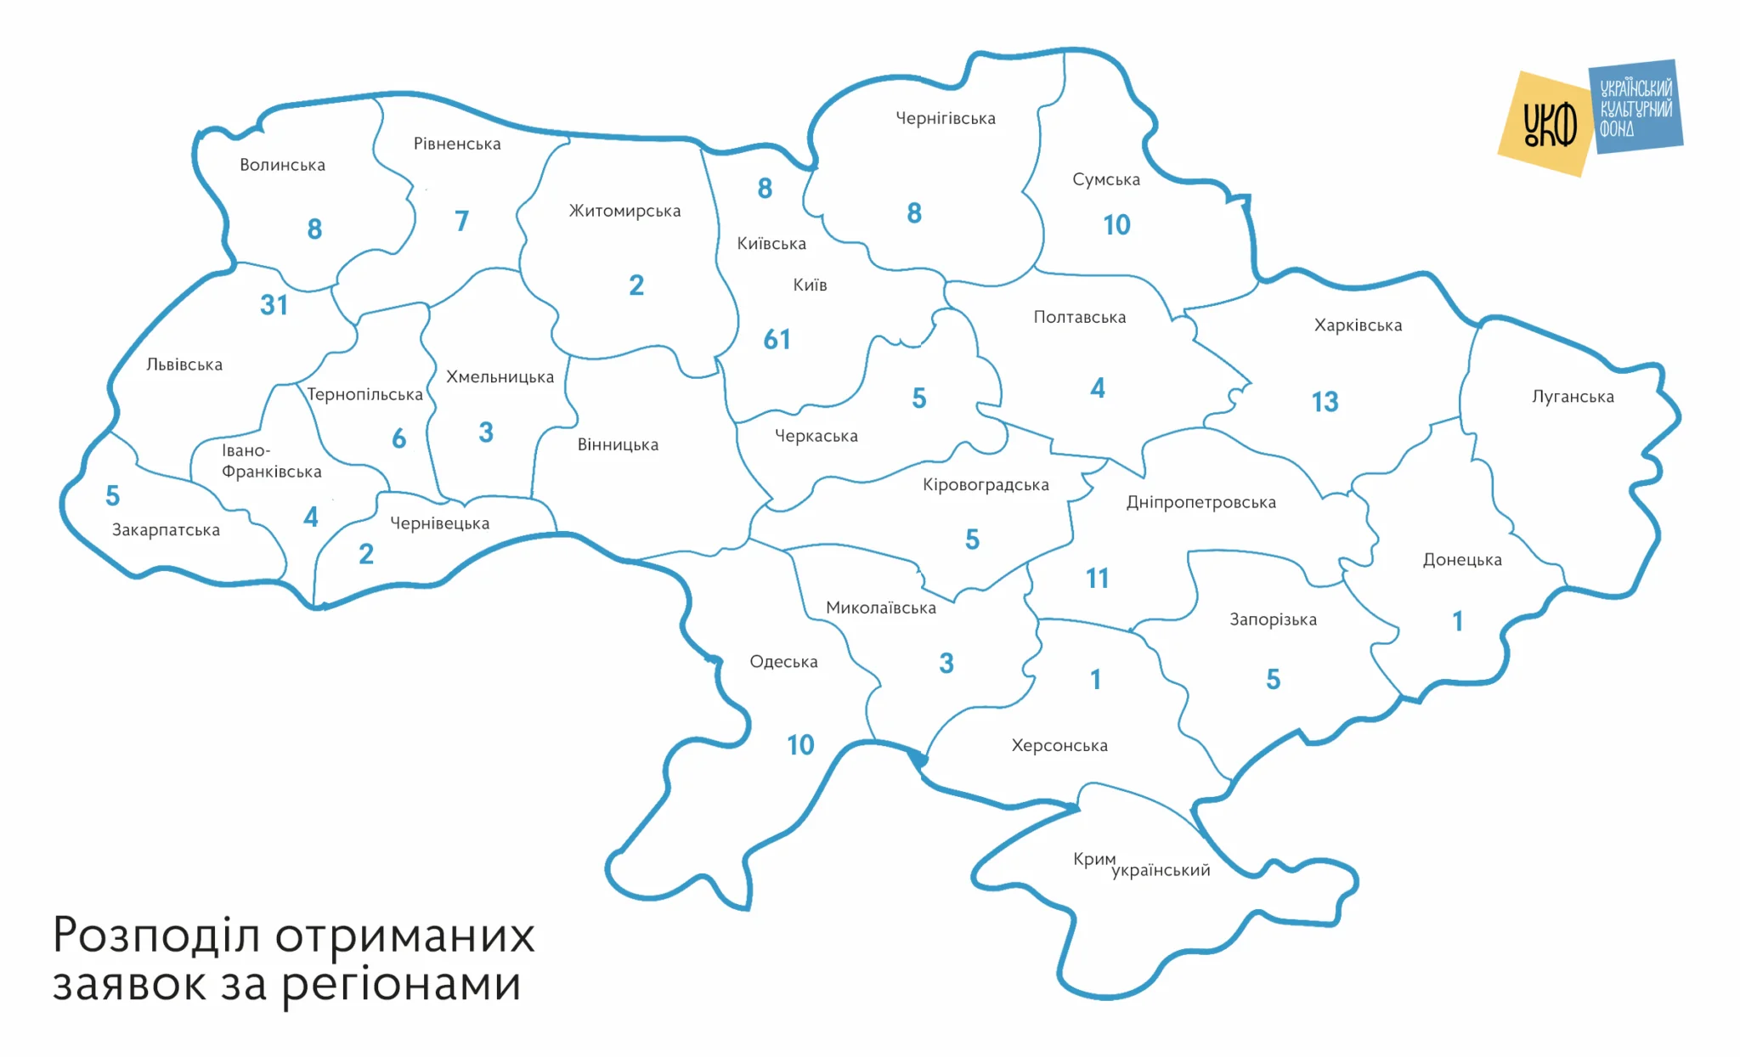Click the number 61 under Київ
point(777,340)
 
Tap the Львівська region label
point(184,365)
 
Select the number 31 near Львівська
point(274,305)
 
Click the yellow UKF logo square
point(1545,124)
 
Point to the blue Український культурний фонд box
point(1636,107)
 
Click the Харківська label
point(1358,325)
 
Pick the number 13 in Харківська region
point(1325,402)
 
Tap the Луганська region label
point(1573,397)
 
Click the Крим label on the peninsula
point(1093,859)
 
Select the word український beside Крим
point(1161,871)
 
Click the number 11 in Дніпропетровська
point(1097,579)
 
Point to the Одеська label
point(783,662)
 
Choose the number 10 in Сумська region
point(1116,225)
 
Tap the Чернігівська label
point(946,119)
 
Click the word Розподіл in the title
point(155,936)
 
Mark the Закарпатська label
point(166,530)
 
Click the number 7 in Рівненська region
point(461,222)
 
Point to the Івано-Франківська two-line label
point(271,461)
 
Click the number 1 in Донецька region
point(1458,622)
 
